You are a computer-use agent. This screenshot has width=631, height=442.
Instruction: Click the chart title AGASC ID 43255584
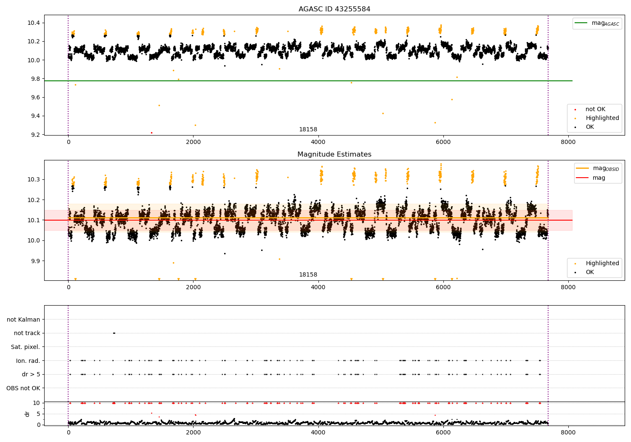point(334,9)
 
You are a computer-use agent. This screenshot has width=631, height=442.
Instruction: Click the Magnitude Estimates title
point(334,154)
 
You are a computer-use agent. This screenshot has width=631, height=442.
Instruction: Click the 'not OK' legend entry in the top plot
point(595,109)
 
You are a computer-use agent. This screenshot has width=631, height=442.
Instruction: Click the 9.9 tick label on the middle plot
point(34,261)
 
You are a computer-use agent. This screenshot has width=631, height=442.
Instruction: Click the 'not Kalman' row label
point(24,320)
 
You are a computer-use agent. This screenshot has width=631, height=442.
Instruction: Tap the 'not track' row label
point(27,333)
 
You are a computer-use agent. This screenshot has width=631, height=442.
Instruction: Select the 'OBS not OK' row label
point(23,388)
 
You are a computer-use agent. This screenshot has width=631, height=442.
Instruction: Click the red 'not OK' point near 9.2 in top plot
point(151,133)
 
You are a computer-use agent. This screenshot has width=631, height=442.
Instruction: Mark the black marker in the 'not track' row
point(114,333)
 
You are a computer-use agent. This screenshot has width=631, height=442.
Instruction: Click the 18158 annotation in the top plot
point(308,130)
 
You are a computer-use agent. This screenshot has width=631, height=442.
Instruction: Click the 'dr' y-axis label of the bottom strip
point(27,414)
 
